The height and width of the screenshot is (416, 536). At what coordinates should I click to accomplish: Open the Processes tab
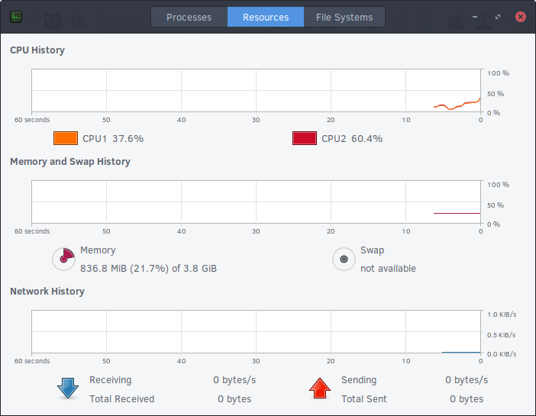(189, 17)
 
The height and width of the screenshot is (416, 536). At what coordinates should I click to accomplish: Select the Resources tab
(266, 17)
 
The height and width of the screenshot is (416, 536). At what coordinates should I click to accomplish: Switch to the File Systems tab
(344, 17)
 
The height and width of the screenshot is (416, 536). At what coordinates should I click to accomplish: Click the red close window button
(520, 16)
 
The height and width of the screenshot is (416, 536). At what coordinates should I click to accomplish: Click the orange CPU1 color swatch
(66, 138)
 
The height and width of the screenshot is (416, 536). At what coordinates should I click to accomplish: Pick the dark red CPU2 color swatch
(305, 138)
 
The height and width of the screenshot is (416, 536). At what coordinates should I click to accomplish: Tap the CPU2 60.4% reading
(352, 139)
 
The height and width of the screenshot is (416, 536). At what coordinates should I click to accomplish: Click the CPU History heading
(37, 50)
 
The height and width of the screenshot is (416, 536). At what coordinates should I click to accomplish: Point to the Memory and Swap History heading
(70, 162)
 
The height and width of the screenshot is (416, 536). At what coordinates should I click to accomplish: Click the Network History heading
(47, 292)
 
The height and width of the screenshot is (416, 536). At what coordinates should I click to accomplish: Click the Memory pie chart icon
(63, 259)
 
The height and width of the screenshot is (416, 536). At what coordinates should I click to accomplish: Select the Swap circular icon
(344, 259)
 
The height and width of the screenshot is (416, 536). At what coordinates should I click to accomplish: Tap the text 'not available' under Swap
(388, 269)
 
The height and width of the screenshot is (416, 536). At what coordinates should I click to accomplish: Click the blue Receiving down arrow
(68, 389)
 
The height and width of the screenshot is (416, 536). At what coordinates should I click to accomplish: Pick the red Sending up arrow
(320, 389)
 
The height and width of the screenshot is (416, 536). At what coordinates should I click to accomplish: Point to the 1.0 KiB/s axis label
(502, 314)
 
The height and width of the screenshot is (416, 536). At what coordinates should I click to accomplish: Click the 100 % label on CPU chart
(498, 73)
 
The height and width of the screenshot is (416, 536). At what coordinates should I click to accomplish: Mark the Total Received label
(121, 399)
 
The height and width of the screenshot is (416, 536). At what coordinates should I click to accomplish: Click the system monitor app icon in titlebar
(16, 17)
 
